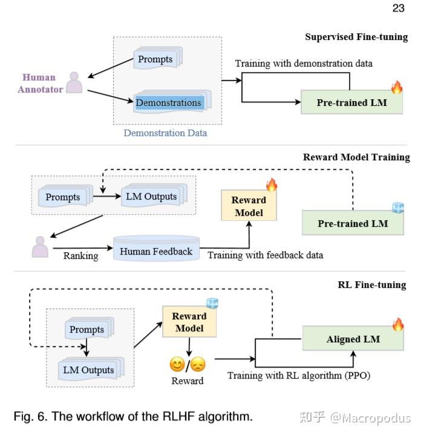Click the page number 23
click(x=399, y=8)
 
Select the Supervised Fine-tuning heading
click(x=356, y=37)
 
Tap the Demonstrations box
click(x=169, y=103)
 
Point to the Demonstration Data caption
click(x=165, y=132)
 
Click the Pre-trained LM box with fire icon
click(x=351, y=103)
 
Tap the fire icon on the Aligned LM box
click(x=397, y=324)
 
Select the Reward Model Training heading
click(x=356, y=157)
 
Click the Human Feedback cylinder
click(x=156, y=251)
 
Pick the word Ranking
click(x=80, y=256)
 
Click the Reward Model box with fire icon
click(x=249, y=206)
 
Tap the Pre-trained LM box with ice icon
click(x=353, y=224)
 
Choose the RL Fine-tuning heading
click(x=371, y=285)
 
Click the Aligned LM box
click(x=353, y=339)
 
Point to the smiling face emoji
click(x=177, y=365)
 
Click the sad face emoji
click(x=198, y=365)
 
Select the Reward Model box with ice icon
click(x=189, y=322)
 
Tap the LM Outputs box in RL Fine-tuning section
click(x=89, y=369)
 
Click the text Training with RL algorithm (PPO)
click(x=298, y=376)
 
